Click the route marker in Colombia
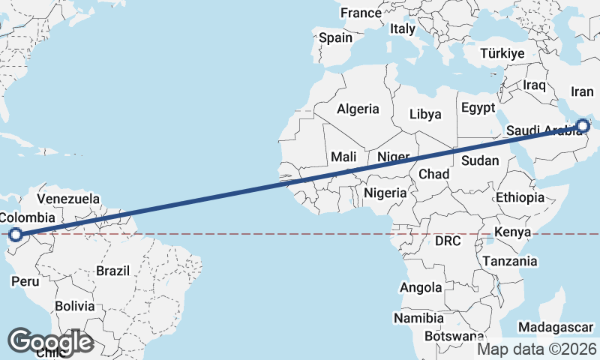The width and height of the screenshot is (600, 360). [x=15, y=235]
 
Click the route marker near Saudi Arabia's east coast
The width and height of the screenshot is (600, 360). [x=584, y=127]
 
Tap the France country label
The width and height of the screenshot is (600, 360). [x=361, y=13]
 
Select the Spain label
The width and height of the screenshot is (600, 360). [x=335, y=37]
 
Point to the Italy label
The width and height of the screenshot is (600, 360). [x=403, y=28]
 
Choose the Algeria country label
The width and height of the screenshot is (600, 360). [x=358, y=109]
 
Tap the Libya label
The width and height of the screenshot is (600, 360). [x=426, y=114]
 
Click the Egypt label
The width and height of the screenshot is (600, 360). [x=478, y=107]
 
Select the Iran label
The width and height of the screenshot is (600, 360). [x=582, y=91]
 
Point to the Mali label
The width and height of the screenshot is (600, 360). [x=343, y=157]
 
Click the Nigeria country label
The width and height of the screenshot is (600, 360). [x=385, y=193]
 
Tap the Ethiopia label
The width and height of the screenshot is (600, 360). [x=520, y=198]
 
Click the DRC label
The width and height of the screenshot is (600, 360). [x=448, y=241]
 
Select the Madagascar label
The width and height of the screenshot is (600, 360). [x=556, y=328]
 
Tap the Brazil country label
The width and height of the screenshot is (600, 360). [x=113, y=271]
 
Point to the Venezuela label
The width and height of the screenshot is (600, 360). [x=68, y=199]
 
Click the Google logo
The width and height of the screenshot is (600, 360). [x=50, y=341]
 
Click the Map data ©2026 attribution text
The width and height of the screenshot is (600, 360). [x=536, y=349]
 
